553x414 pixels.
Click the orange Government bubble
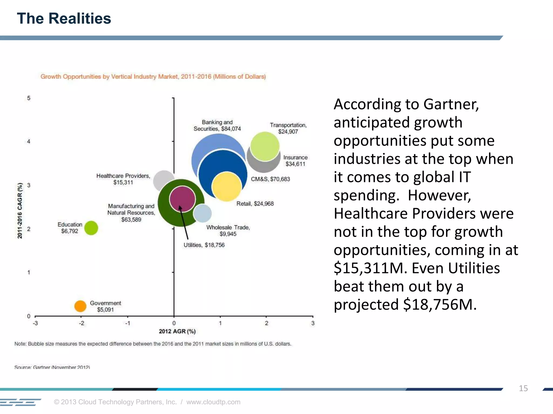pos(80,306)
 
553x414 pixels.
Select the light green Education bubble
pos(91,228)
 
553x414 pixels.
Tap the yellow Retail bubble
pos(226,187)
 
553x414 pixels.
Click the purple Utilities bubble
pos(182,199)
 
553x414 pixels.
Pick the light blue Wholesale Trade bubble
pos(203,213)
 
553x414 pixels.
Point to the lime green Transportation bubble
pos(265,146)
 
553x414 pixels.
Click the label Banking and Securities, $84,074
pos(217,126)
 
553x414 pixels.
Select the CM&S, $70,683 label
pos(270,179)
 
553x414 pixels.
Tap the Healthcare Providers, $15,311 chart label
pos(123,179)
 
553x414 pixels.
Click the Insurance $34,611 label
pos(295,161)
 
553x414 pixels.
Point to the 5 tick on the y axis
pos(29,98)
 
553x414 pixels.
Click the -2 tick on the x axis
pos(81,323)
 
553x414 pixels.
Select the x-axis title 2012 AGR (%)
pos(177,331)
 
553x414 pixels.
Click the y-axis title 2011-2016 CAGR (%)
pos(20,211)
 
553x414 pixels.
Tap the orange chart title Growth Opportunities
pos(153,77)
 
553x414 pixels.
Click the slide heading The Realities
pos(64,19)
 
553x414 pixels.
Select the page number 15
pos(523,388)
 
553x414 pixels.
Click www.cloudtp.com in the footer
pos(213,402)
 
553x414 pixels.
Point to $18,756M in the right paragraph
pos(440,305)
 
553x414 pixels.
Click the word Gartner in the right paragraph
pos(451,104)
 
